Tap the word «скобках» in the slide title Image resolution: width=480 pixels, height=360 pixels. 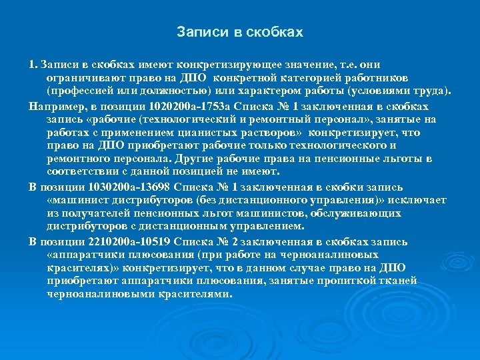(275, 32)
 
